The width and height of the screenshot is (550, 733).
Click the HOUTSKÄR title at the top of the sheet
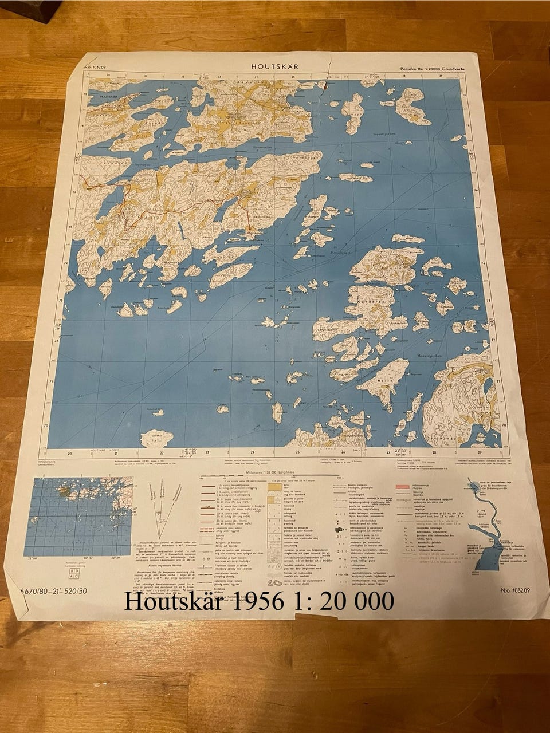tap(274, 66)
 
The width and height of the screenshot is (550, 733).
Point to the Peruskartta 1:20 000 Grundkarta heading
tap(433, 69)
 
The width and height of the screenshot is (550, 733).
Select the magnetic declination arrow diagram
tap(162, 504)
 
